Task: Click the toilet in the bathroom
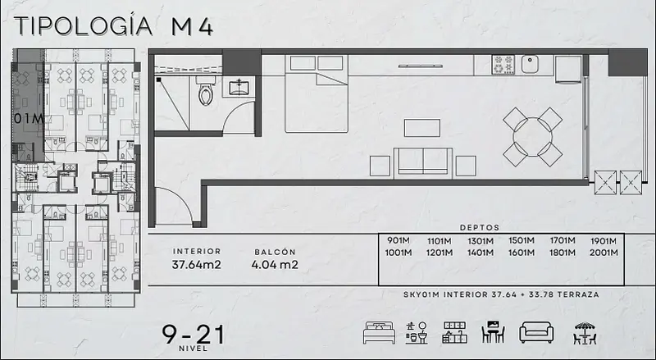coord(206,91)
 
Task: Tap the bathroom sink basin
coord(239,88)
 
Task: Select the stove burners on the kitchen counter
coord(503,65)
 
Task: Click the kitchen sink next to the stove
coord(530,64)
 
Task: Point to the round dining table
coord(532,137)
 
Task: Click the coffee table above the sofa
coord(422,128)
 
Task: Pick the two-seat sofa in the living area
coord(423,162)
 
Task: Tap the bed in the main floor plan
coord(317,93)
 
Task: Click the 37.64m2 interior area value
coord(196,265)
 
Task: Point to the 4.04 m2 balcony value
coord(275,265)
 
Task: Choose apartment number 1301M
coord(481,241)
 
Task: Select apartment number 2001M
coord(604,253)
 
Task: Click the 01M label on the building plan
coord(29,119)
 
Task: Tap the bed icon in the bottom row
coord(379,333)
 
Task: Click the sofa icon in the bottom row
coord(536,333)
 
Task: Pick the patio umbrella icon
coord(585,333)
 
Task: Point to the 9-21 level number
coord(194,335)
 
